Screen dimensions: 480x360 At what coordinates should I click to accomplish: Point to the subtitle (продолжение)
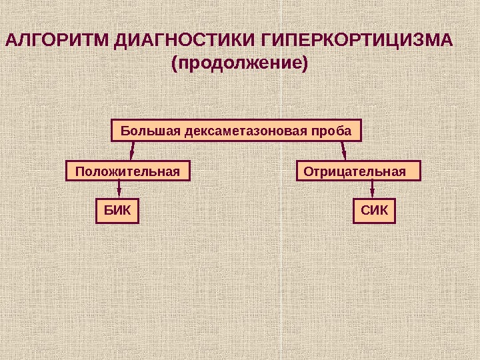coord(241,65)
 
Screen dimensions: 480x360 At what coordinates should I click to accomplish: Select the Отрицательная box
coord(358,171)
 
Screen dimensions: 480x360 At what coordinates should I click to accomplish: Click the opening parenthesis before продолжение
coord(175,65)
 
